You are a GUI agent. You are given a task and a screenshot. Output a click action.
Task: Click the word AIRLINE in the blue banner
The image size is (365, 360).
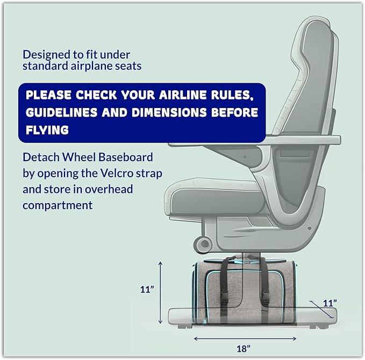[x=183, y=95]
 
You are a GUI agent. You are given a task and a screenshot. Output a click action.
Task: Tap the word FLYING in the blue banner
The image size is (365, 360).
[x=47, y=130]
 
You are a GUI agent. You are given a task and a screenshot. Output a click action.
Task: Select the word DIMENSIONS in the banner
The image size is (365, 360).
[x=169, y=112]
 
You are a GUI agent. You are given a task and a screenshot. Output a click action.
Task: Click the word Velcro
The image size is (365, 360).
[x=117, y=174]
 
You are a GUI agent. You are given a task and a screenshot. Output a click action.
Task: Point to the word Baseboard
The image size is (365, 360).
[x=126, y=157]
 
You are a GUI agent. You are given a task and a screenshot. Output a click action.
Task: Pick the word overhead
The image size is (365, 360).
[x=109, y=189]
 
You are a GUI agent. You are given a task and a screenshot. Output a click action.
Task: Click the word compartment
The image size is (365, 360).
[x=58, y=205]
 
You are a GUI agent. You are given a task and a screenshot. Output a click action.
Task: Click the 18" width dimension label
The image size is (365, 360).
[x=244, y=349]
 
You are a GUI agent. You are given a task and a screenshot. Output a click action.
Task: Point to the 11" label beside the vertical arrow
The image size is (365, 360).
[x=147, y=290]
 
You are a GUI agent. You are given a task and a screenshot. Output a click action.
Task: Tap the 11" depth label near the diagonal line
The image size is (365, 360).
[x=330, y=303]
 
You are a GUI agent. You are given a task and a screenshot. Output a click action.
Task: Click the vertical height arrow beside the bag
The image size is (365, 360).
[x=160, y=292]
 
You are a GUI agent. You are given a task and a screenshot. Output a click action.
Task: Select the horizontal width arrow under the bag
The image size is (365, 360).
[x=245, y=339]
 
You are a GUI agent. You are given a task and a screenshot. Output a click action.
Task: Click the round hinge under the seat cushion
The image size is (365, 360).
[x=203, y=244]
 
